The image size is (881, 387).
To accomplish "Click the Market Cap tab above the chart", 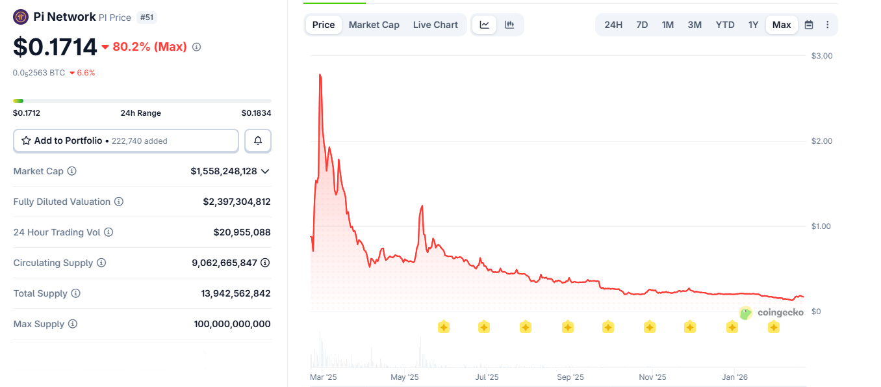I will (374, 25).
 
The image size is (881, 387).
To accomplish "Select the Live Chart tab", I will (435, 25).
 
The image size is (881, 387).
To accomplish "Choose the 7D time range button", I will (642, 25).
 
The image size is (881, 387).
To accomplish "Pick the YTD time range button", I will (725, 25).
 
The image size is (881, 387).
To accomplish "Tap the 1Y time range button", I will (753, 25).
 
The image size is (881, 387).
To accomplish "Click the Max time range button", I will (782, 25).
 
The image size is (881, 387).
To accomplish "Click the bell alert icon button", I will (258, 140).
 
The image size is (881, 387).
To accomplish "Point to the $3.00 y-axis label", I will (822, 56).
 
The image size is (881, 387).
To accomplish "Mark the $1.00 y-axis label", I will (822, 226).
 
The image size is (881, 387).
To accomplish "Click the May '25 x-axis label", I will (404, 377).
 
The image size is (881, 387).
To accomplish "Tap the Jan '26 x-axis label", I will (735, 377).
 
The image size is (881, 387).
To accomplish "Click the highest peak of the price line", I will (320, 75).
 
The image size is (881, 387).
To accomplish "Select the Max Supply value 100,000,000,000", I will (232, 324).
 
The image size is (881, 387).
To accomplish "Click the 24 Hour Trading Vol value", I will (242, 232).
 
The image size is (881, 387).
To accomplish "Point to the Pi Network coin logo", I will (21, 17).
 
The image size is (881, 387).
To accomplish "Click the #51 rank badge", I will (147, 18).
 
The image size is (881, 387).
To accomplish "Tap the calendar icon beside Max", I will (809, 25).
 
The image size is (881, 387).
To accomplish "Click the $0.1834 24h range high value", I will (256, 113).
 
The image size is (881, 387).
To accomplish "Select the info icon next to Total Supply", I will (75, 293).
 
